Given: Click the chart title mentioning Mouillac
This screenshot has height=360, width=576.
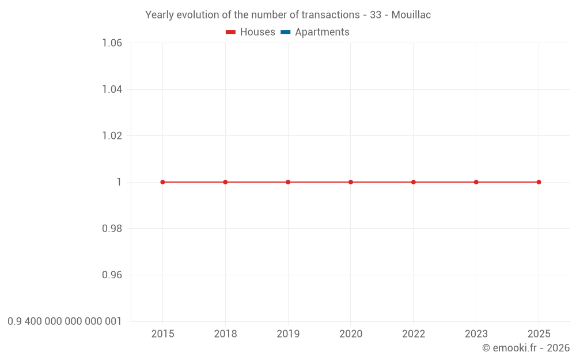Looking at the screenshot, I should point(288,15).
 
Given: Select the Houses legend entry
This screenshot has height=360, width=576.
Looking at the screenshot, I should point(257,32).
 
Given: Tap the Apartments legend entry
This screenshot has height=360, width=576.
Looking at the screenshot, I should point(322,32).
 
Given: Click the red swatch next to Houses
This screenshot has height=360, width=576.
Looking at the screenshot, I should point(230,32).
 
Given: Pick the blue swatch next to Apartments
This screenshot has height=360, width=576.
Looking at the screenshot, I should point(285,32).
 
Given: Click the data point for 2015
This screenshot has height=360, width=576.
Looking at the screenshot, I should point(162,182).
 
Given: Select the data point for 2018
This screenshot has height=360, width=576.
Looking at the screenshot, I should point(225,182).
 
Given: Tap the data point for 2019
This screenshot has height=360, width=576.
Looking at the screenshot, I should point(288,182).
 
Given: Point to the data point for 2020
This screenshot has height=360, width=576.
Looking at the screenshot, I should point(351,182).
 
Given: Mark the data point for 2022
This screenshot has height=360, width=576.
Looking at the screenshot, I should point(414,182).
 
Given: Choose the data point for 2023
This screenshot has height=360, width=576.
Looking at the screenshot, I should point(476,182).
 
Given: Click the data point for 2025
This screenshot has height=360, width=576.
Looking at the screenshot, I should point(539,182).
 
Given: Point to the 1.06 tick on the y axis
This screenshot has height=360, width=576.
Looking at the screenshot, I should point(112,43).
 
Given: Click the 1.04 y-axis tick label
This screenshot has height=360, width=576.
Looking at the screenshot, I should point(112,89).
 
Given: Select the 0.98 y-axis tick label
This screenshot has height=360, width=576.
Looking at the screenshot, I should point(112,229).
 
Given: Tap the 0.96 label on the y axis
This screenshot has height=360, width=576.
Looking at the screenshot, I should point(112,275).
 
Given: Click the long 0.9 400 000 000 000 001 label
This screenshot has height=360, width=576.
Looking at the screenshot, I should point(65,321).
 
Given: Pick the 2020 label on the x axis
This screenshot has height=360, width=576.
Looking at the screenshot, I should point(351,334).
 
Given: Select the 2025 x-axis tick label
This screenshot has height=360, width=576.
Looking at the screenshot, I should point(539,334).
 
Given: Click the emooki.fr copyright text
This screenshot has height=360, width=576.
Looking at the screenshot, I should point(526,348).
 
